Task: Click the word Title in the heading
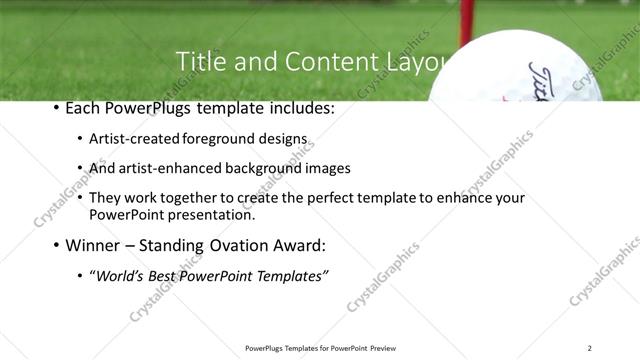(x=199, y=62)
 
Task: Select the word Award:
(x=302, y=244)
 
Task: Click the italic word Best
(x=166, y=275)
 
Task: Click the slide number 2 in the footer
(x=589, y=348)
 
